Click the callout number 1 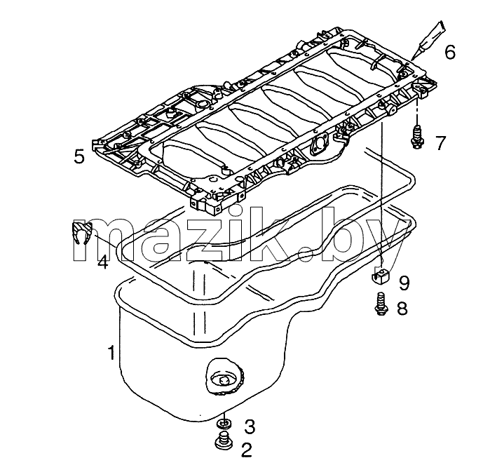click(x=111, y=353)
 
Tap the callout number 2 click(x=247, y=450)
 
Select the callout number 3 click(x=250, y=427)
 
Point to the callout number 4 click(x=103, y=262)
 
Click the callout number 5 click(x=79, y=156)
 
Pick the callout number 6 click(x=450, y=52)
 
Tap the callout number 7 click(x=441, y=143)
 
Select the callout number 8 click(x=402, y=308)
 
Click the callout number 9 click(x=404, y=283)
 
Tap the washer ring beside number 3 click(x=224, y=424)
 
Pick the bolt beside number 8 click(x=381, y=304)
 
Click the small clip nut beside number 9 click(x=380, y=276)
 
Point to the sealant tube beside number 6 click(x=428, y=40)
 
